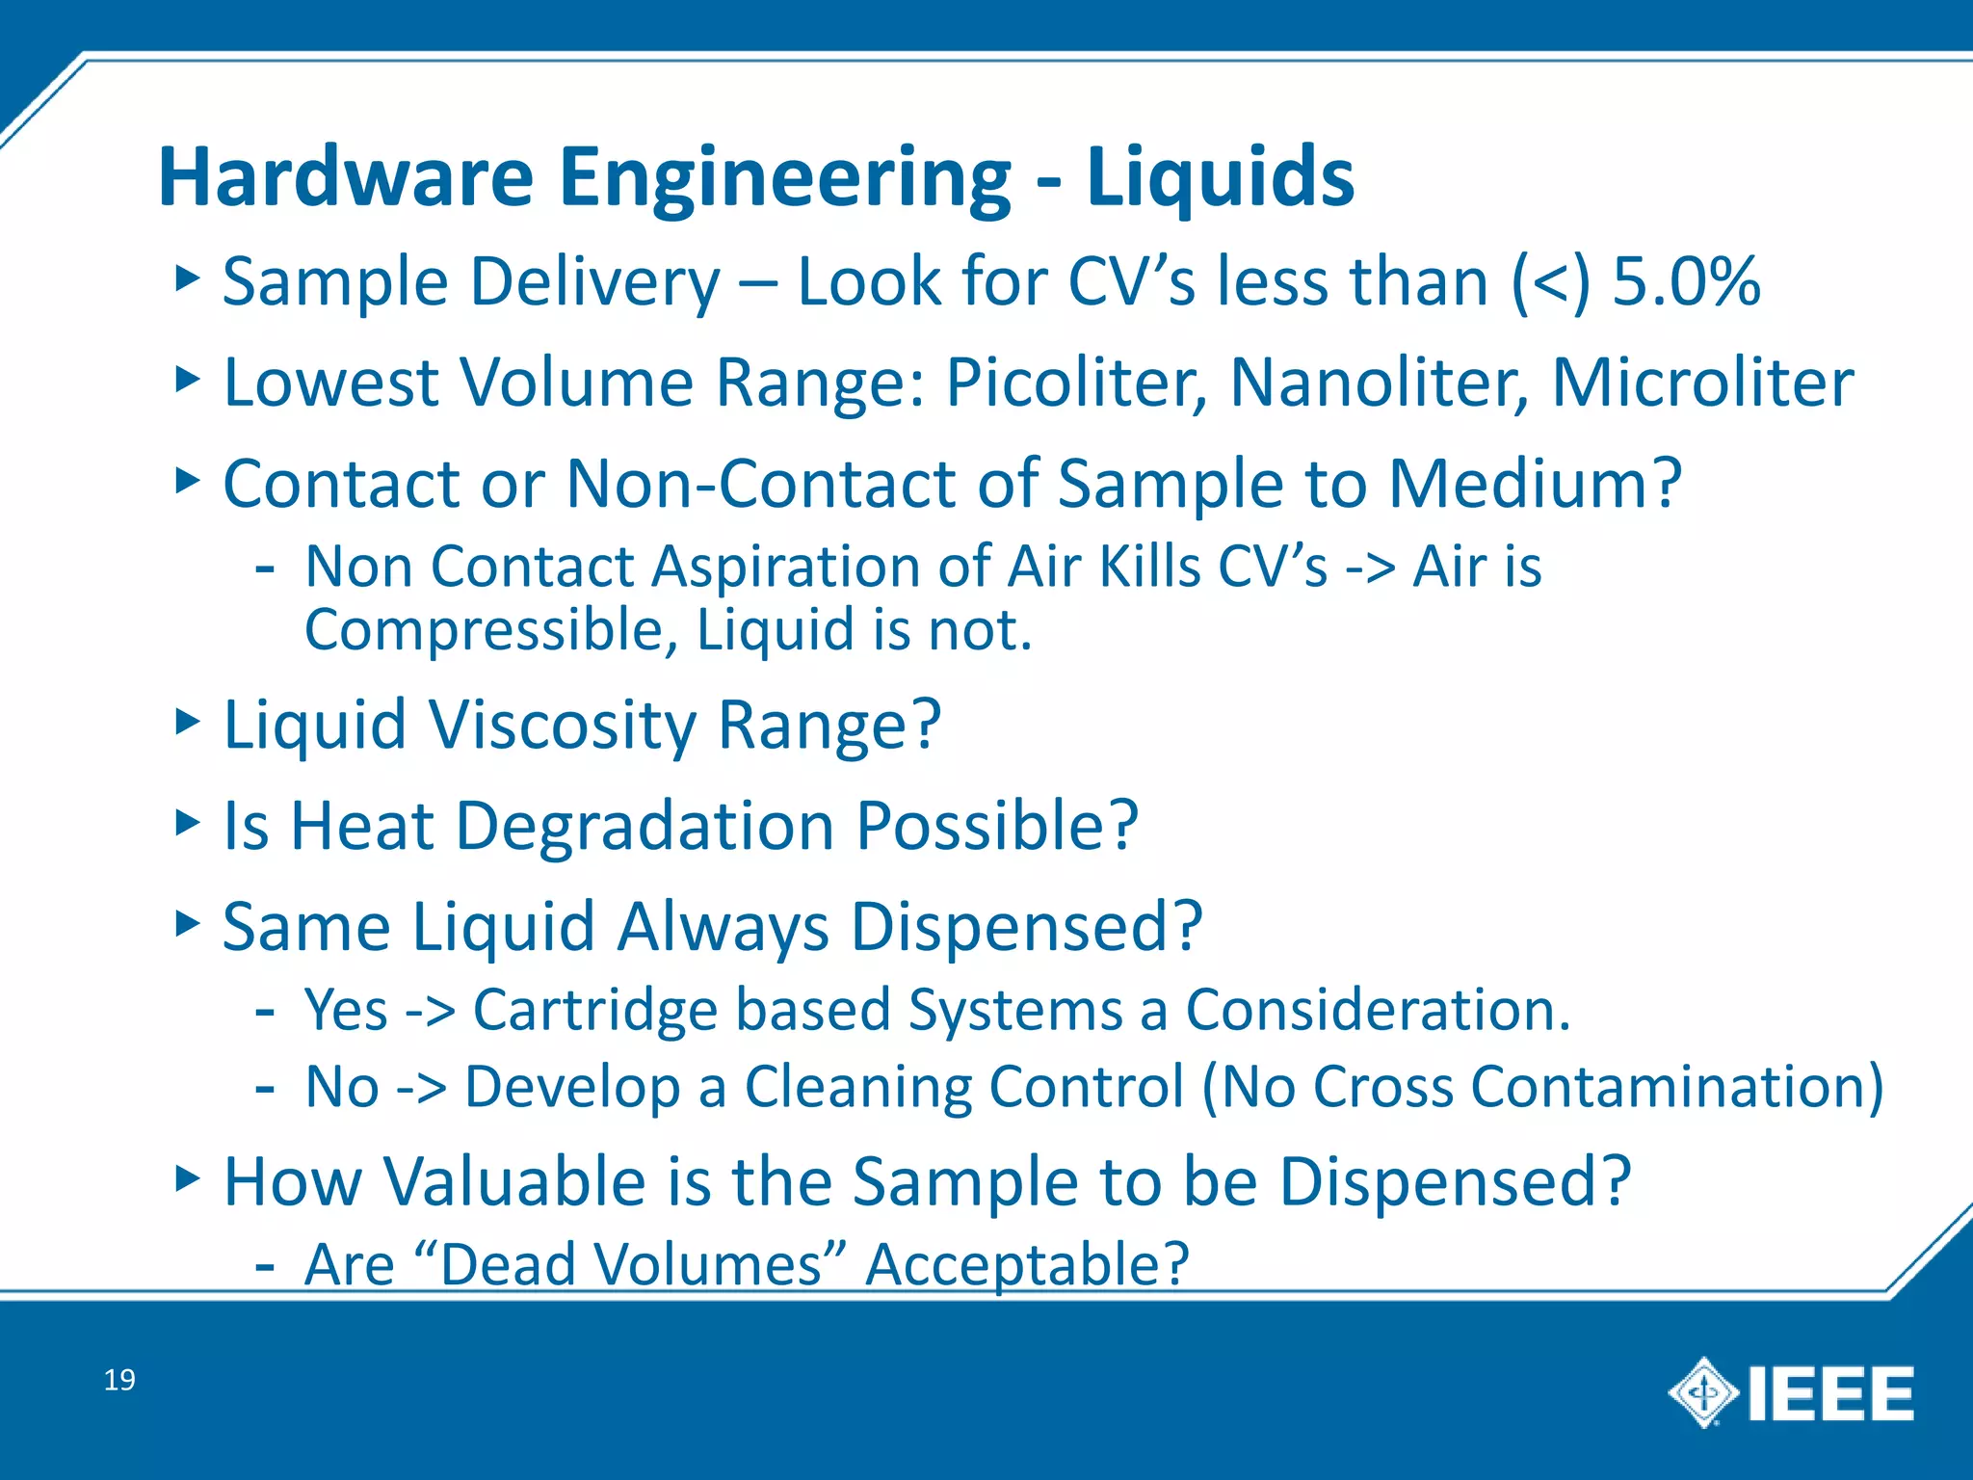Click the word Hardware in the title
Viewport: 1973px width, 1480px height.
pyautogui.click(x=346, y=177)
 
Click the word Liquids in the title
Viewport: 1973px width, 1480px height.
pyautogui.click(x=1220, y=177)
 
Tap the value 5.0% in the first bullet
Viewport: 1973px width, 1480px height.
pyautogui.click(x=1686, y=282)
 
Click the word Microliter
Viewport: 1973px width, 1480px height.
pyautogui.click(x=1702, y=383)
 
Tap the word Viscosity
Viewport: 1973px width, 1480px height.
pyautogui.click(x=564, y=725)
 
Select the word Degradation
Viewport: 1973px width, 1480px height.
pyautogui.click(x=645, y=827)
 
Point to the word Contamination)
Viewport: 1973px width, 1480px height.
pyautogui.click(x=1677, y=1087)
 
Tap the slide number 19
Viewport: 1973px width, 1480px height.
pyautogui.click(x=119, y=1380)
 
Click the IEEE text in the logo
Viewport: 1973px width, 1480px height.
pyautogui.click(x=1830, y=1393)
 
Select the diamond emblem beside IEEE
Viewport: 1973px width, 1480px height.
pyautogui.click(x=1703, y=1392)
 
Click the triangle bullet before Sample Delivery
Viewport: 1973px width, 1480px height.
pyautogui.click(x=187, y=279)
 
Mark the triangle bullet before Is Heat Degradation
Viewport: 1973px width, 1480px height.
pyautogui.click(x=187, y=823)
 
